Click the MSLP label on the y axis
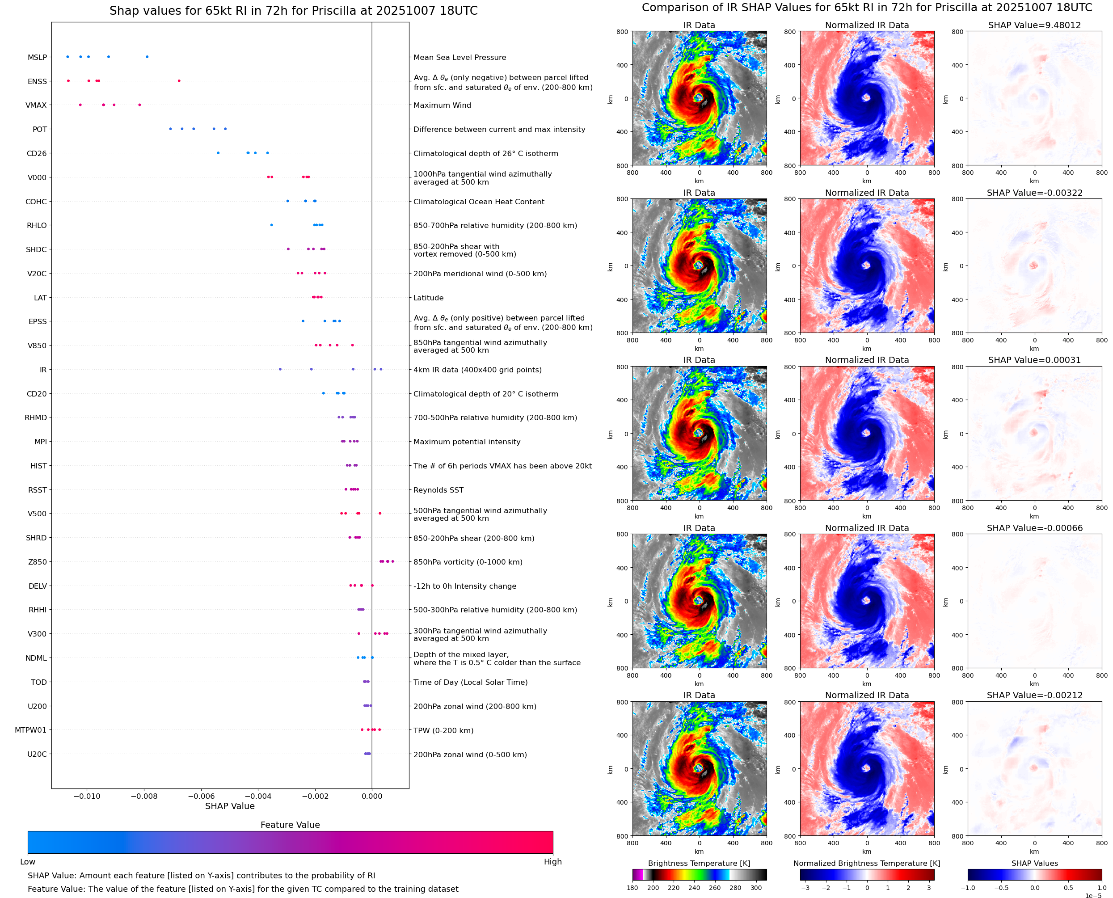(x=37, y=57)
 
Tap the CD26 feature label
(x=37, y=154)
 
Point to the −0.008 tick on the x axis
(x=144, y=796)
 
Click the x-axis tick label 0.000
(x=372, y=796)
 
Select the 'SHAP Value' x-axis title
(x=230, y=806)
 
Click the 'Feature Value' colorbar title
(x=290, y=825)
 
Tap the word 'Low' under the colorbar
(x=28, y=861)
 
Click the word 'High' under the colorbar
(x=552, y=861)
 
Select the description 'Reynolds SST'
(x=438, y=490)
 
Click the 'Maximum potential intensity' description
(x=467, y=442)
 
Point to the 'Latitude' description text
(x=428, y=298)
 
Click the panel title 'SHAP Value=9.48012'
(x=1034, y=25)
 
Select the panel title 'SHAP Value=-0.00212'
(x=1034, y=695)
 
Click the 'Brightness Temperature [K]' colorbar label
(x=699, y=863)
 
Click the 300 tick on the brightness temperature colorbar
(x=756, y=888)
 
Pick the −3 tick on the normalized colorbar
(x=805, y=888)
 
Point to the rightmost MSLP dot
(x=147, y=57)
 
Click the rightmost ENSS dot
(x=179, y=81)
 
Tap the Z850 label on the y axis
(x=37, y=562)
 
